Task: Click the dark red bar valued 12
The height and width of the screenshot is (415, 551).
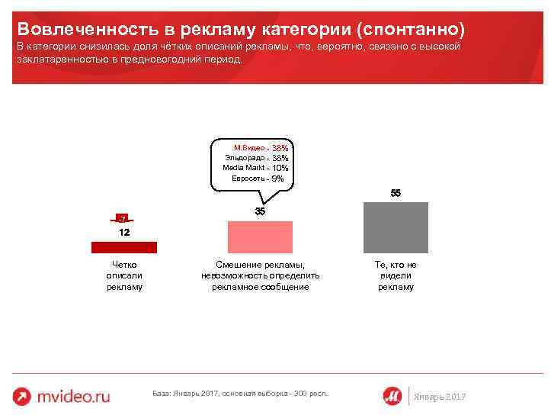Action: coord(123,246)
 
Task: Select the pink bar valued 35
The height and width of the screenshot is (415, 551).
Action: coord(260,236)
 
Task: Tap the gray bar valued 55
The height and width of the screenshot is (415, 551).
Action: coord(396,227)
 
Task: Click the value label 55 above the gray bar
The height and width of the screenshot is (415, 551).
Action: coord(396,193)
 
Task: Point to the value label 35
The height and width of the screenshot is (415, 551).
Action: coord(260,211)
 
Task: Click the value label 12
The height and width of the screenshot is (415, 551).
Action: coord(123,232)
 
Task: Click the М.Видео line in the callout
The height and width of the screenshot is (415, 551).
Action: coord(260,147)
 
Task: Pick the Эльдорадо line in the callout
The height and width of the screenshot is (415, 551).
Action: coord(256,157)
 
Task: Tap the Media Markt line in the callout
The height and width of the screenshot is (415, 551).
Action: coord(255,167)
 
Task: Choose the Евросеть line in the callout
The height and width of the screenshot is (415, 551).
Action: coord(258,178)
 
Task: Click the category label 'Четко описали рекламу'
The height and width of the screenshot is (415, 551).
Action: coord(124,275)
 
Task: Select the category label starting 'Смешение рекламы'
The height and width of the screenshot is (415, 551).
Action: coord(260,275)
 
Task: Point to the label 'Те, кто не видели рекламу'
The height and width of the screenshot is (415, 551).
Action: coord(396,275)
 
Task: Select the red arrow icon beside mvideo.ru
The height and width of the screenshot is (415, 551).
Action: coord(24,396)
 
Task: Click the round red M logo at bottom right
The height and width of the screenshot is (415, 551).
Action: coord(393,395)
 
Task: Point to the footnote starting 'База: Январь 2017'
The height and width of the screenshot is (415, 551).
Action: coord(236,394)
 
